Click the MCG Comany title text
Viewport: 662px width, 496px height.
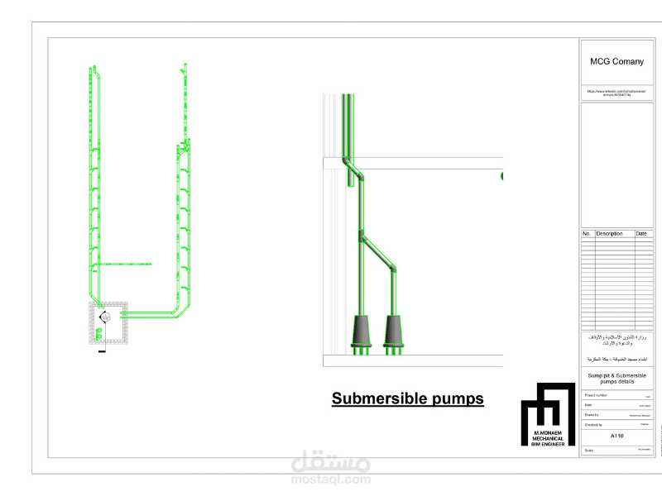[616, 61]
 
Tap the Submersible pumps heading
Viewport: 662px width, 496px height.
[407, 398]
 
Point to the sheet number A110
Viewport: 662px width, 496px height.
[616, 436]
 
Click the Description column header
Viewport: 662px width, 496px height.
[609, 234]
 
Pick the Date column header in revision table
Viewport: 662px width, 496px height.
[641, 234]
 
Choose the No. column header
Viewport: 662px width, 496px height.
[587, 234]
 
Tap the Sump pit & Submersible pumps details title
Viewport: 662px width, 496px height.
[616, 379]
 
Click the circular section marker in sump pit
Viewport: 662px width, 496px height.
[104, 317]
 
